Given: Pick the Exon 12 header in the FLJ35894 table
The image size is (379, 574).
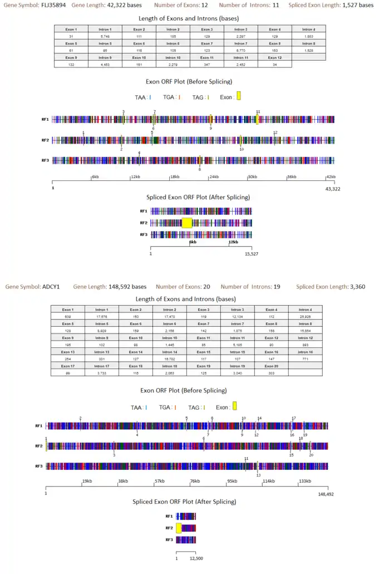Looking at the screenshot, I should [x=274, y=56].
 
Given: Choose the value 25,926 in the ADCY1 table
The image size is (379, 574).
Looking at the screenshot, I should [x=305, y=316].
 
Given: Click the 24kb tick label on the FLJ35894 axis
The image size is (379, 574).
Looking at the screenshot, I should [x=213, y=177].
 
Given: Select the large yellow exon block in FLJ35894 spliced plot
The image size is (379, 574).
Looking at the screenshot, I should [x=187, y=223].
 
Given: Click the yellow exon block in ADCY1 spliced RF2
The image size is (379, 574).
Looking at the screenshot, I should [x=179, y=528].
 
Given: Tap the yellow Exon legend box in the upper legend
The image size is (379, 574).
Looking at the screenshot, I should [x=239, y=96].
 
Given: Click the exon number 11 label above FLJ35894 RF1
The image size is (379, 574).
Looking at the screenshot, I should [x=258, y=112].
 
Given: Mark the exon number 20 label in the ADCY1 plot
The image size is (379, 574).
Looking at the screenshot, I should [x=311, y=455].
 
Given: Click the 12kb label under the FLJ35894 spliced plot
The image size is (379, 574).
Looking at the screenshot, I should [x=233, y=242].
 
